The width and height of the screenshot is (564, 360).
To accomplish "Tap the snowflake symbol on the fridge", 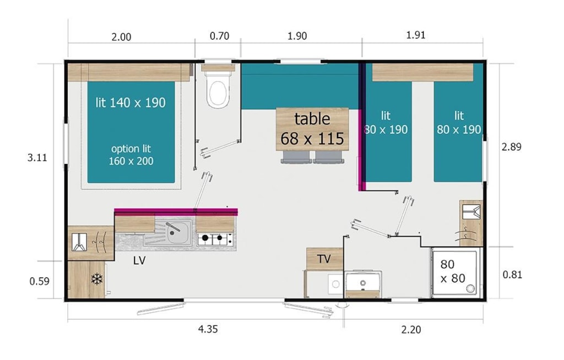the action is [97, 279].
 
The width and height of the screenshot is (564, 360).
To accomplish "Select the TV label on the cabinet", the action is [324, 259].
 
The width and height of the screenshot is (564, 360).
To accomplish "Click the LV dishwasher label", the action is [139, 260].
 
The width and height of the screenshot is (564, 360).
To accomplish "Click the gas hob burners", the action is [215, 238].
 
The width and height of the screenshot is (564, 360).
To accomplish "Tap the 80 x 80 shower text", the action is [453, 271].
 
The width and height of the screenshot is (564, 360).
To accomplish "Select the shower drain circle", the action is [470, 288].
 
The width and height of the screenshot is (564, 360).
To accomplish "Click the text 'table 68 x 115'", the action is [312, 128].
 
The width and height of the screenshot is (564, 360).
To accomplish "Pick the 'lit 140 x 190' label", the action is [131, 103].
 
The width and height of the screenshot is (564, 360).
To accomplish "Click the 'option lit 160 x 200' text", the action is [131, 155].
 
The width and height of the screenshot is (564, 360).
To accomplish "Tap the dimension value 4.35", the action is [208, 329].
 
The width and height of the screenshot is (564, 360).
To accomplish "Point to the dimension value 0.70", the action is [219, 36].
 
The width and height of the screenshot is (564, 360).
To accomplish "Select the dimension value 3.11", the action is [37, 157].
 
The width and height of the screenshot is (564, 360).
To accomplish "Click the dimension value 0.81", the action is [512, 275].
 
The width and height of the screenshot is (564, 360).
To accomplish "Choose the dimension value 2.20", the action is [411, 329].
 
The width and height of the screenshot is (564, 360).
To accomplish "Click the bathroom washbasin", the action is [364, 283].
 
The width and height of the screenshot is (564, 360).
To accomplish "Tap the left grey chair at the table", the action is [296, 157].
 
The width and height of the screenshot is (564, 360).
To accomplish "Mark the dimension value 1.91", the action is [415, 35].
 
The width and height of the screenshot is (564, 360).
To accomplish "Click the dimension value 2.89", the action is [511, 147].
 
